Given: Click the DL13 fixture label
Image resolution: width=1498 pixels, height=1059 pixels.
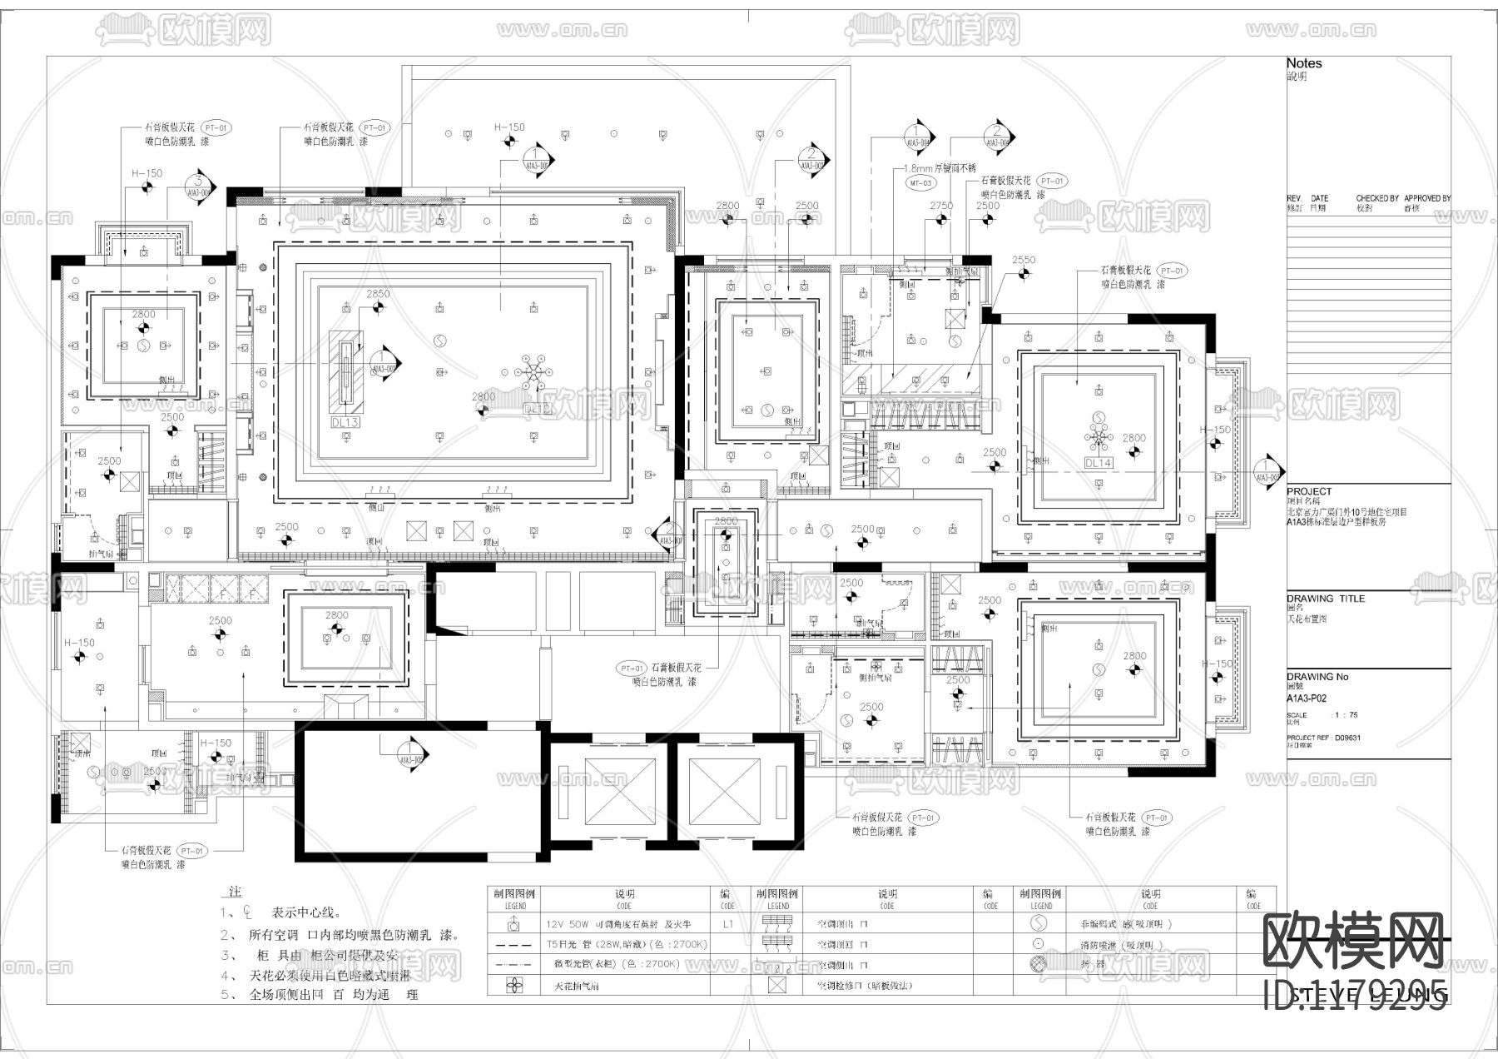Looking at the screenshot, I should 345,422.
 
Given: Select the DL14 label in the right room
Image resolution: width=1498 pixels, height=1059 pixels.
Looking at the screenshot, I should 1099,463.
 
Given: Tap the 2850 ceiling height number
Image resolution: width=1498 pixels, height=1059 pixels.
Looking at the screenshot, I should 378,294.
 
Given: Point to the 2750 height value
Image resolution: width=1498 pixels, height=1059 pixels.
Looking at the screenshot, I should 941,206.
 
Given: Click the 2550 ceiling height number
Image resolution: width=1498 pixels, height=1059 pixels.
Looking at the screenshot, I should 1023,260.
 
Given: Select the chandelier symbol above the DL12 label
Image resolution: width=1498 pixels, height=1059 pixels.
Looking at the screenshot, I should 532,370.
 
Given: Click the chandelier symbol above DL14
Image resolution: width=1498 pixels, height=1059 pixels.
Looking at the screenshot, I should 1099,436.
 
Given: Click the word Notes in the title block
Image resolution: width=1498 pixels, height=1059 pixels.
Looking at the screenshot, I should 1303,63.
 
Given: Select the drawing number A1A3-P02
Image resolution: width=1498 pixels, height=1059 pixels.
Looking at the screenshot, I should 1307,699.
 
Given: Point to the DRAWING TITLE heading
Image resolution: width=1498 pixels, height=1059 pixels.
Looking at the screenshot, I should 1325,599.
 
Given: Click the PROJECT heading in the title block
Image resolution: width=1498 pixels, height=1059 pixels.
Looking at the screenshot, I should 1308,492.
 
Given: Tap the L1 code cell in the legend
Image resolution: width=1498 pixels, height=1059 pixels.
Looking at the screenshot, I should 727,924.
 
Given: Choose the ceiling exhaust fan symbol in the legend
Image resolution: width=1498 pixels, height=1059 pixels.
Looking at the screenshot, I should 515,986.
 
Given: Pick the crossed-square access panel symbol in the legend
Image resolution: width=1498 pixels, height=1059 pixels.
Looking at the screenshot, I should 776,986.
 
